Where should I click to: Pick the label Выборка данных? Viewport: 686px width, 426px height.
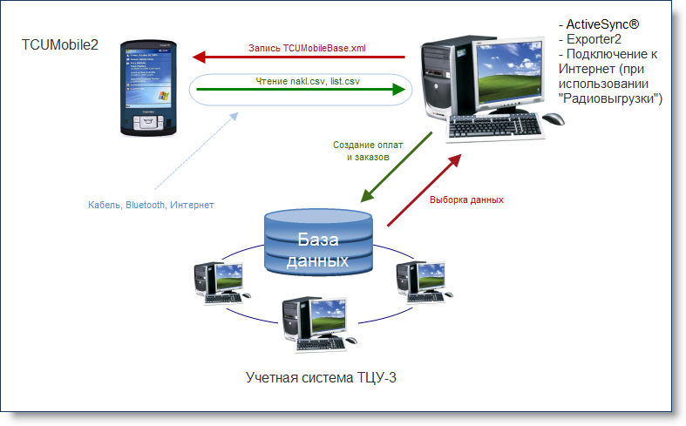click(466, 199)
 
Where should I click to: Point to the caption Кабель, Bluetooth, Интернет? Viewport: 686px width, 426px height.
click(151, 205)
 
